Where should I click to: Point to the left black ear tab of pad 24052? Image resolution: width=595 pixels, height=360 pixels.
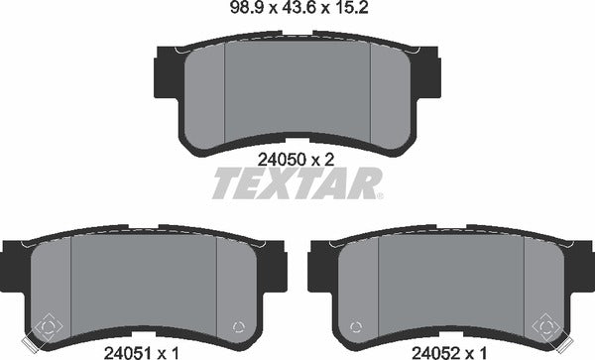316,264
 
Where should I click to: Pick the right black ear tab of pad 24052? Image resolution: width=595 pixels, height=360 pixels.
586,264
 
